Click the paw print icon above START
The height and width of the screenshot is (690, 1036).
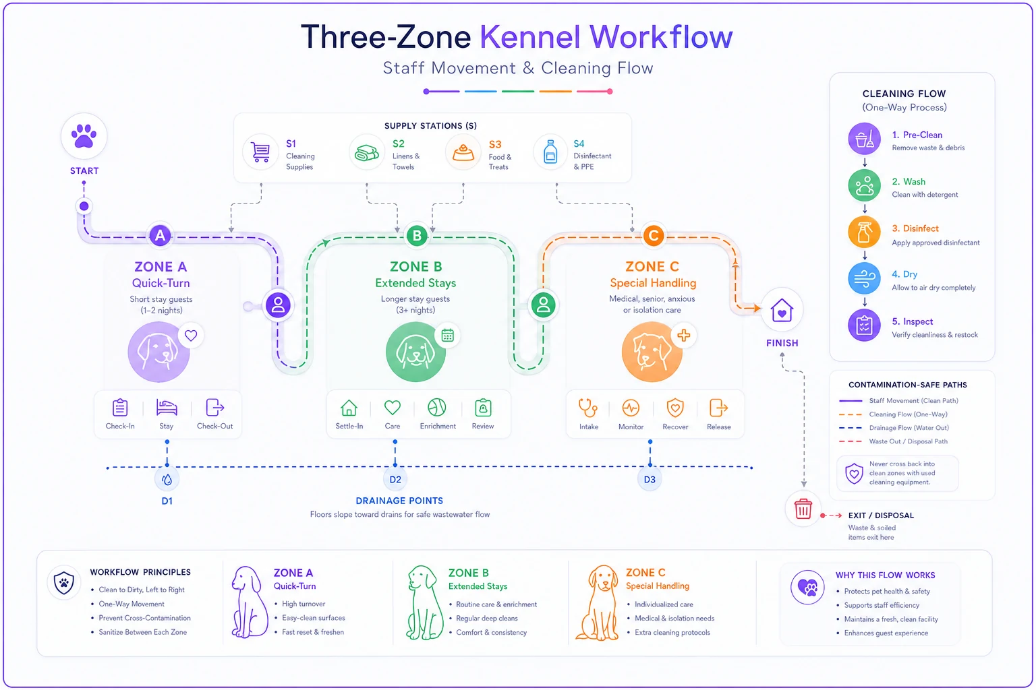click(84, 136)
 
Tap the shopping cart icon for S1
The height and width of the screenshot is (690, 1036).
click(260, 152)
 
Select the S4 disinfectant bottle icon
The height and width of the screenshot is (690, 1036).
click(550, 152)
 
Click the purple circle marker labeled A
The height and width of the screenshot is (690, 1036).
click(160, 236)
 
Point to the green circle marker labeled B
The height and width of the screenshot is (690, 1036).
click(417, 236)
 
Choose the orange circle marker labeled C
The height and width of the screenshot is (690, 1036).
click(654, 236)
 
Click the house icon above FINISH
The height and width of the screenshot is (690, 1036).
click(782, 310)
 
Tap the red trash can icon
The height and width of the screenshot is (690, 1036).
click(803, 509)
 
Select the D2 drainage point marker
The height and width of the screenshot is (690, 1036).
click(395, 479)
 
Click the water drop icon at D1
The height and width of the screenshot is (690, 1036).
click(167, 480)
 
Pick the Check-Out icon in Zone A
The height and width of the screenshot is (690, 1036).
click(214, 408)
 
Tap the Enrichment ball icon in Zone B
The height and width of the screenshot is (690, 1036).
click(436, 408)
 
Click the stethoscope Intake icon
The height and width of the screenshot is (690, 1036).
click(588, 408)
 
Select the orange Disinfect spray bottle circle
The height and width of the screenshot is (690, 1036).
click(864, 232)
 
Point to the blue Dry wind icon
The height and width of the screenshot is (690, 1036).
click(864, 278)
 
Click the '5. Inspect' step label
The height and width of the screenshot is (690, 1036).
click(912, 321)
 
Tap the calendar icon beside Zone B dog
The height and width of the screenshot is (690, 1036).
click(447, 335)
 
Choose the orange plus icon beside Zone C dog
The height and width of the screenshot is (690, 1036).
click(683, 335)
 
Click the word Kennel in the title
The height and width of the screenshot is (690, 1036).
click(529, 36)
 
